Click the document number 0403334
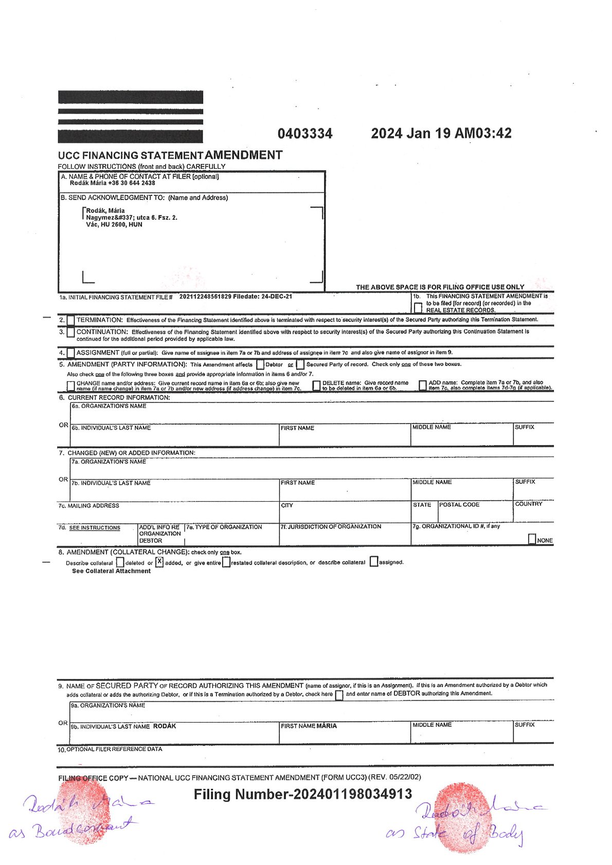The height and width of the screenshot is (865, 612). coord(305,134)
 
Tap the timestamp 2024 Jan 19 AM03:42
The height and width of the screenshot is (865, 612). coord(441,134)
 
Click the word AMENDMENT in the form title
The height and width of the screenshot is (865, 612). coord(244,155)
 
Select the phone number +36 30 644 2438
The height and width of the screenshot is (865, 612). coord(132,183)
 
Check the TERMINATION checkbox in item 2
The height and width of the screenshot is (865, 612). coord(70,320)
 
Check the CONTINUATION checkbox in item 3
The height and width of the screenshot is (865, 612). coord(70,333)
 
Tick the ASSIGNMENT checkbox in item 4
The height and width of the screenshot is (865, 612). coord(70,353)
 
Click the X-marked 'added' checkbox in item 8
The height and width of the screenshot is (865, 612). coord(159,562)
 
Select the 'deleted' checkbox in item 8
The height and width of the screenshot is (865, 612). coord(120,562)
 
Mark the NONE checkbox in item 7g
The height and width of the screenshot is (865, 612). coord(532,539)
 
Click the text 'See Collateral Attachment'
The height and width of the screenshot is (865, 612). coord(111,571)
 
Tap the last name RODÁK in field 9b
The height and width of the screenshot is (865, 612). coord(165,726)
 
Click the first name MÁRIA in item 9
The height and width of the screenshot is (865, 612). coord(327,726)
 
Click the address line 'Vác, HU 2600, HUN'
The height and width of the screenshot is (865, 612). coord(114,225)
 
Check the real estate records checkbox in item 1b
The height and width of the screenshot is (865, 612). coord(418,307)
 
